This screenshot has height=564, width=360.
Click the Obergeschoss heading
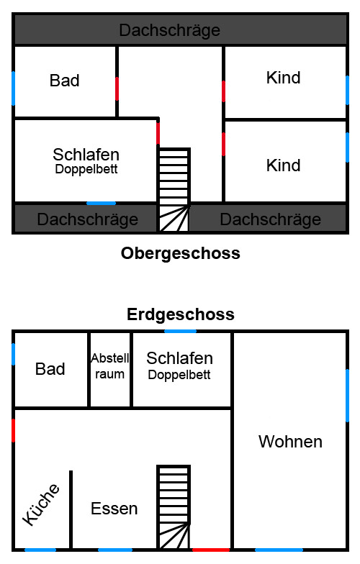coord(180,253)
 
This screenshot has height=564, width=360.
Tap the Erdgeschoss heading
coord(181,314)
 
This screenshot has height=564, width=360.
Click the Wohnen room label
coord(290,442)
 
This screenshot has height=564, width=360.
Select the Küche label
coord(40,504)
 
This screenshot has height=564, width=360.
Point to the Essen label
coord(114,509)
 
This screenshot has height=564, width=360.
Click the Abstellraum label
coord(109,365)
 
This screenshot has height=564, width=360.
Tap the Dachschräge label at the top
coord(170,30)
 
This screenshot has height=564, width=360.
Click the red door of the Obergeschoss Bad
coord(117,88)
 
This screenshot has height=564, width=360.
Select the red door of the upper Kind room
coord(223,91)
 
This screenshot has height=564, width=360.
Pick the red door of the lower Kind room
coord(223,144)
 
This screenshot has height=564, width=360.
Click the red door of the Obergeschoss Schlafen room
coord(158,133)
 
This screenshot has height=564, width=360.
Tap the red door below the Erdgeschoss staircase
coord(211,550)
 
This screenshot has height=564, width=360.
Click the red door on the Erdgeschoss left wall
coord(13,430)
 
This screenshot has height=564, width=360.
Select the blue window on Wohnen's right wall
coord(347,396)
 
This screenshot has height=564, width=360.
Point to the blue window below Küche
coord(40,550)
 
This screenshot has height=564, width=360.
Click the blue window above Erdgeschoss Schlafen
coord(180,331)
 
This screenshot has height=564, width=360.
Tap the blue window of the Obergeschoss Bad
coord(13,88)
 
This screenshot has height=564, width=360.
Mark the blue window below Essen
coord(115,550)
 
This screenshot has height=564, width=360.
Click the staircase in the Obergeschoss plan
coord(174,189)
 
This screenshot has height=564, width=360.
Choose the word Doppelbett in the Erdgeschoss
coord(179,375)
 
